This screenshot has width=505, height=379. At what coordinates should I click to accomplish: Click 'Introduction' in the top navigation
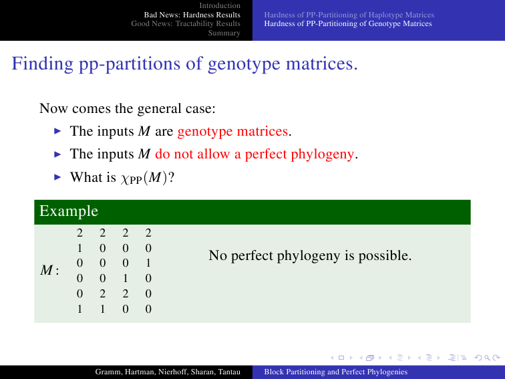point(220,5)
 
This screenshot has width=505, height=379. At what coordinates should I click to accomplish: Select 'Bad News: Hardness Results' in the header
point(192,15)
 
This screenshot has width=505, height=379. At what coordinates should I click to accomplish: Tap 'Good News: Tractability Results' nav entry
point(186,23)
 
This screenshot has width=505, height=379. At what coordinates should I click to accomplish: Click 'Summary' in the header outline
point(224,33)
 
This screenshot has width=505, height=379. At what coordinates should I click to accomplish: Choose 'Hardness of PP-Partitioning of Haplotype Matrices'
point(349,15)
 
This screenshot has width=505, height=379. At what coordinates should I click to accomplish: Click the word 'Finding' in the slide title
point(43,64)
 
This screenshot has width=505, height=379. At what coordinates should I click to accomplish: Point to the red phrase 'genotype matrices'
point(232,132)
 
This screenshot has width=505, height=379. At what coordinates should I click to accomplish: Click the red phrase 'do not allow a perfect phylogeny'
point(255,154)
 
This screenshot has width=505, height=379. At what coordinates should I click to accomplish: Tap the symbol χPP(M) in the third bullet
point(144,178)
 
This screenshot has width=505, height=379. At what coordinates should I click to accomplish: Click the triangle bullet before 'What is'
point(57,177)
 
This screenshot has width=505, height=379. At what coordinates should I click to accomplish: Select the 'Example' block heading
point(69,211)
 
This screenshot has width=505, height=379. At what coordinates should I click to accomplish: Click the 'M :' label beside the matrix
point(49,270)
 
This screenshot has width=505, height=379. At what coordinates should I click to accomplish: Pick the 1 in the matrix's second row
point(79,248)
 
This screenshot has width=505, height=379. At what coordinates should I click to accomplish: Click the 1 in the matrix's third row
point(148,263)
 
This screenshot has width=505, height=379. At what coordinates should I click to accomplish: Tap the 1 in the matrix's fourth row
point(126,278)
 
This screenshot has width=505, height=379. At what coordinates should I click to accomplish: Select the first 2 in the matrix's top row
point(79,233)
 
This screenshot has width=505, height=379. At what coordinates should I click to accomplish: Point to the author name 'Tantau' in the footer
point(229,372)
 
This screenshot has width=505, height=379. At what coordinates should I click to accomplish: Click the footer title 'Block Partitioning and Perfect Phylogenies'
point(335,372)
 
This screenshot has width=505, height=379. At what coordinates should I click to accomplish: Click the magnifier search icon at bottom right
point(487,358)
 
